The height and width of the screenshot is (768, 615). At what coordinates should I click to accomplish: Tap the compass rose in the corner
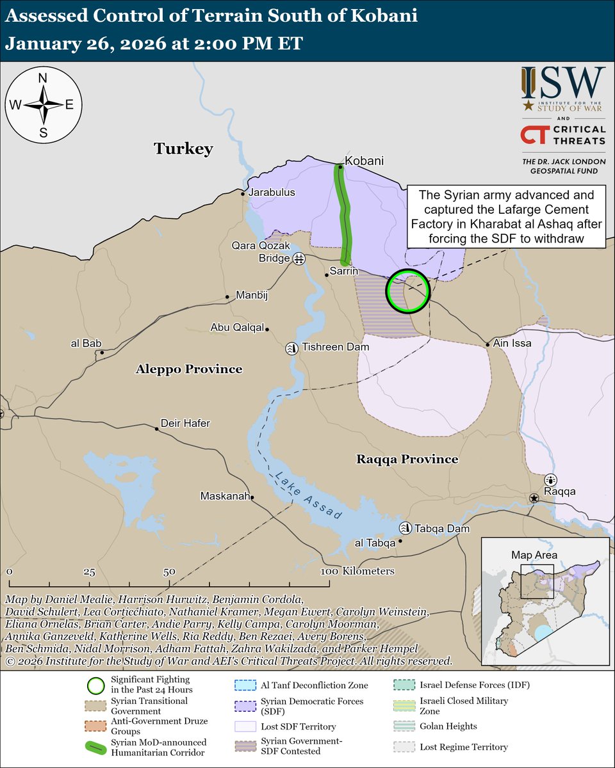tap(44, 104)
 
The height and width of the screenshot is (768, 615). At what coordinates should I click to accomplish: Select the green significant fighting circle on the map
tap(407, 291)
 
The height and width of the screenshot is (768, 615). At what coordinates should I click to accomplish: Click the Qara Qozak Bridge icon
tap(299, 259)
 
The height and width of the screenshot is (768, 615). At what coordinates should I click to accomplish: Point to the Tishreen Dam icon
tap(291, 348)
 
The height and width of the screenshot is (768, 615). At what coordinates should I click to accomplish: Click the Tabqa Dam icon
tap(405, 528)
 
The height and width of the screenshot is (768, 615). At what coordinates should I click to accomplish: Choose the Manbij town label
tap(250, 296)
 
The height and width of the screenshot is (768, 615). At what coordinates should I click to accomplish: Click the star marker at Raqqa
tap(534, 498)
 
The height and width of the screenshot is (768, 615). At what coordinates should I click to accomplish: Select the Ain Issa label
tap(512, 344)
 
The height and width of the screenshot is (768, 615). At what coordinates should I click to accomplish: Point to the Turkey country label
tap(183, 149)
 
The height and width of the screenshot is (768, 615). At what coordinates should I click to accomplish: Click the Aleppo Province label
tap(188, 369)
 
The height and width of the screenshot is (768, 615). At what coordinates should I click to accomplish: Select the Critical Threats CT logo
tap(533, 135)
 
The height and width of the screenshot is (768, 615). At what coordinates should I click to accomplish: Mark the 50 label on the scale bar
tap(169, 571)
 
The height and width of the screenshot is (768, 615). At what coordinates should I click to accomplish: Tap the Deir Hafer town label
tap(185, 423)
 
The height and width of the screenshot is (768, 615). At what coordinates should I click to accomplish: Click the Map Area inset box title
tap(534, 555)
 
